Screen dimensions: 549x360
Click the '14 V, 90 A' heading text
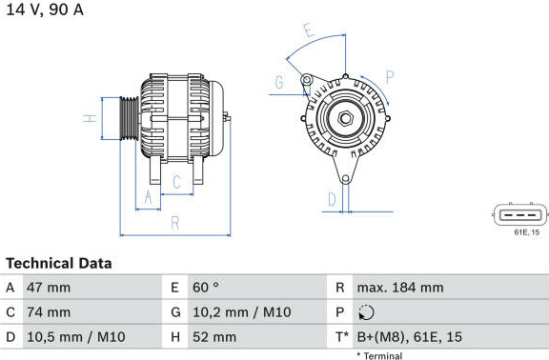click(x=45, y=10)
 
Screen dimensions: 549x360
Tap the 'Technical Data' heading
click(x=59, y=263)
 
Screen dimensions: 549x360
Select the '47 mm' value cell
click(x=49, y=288)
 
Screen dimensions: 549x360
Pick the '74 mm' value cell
click(x=49, y=312)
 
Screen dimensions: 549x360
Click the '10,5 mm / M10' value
click(x=76, y=337)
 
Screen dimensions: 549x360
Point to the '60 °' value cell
click(x=206, y=288)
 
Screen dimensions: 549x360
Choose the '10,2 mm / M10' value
click(x=241, y=312)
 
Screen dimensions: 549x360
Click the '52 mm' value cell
click(x=214, y=337)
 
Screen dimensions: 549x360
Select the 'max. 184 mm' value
click(x=400, y=288)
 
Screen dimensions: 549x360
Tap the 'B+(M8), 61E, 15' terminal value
click(x=409, y=337)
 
